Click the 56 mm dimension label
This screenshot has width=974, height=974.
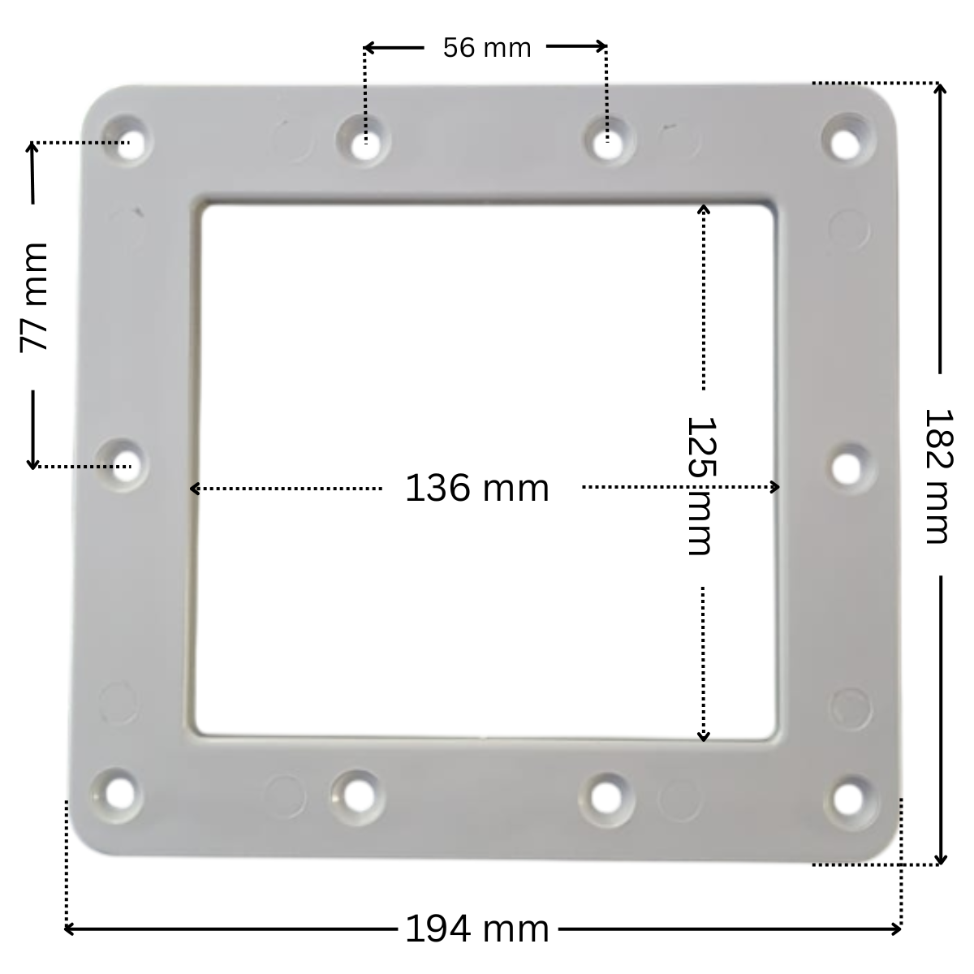[486, 48]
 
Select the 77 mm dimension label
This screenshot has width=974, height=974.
[34, 296]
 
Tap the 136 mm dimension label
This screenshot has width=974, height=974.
[476, 489]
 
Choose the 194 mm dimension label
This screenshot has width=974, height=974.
[476, 929]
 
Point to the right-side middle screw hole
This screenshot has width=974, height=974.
[847, 467]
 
